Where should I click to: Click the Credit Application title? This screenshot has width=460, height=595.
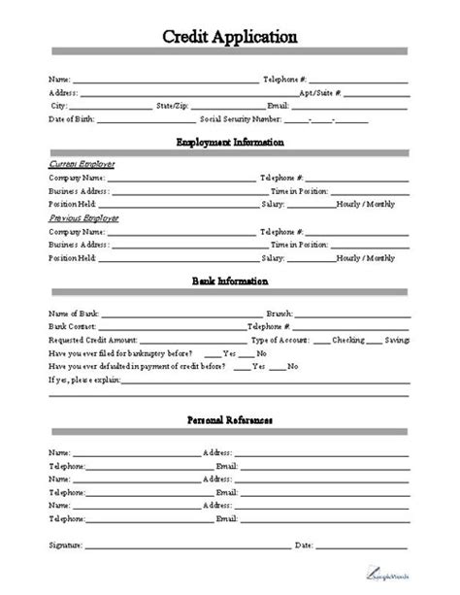[230, 37]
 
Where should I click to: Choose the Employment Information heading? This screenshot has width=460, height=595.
[230, 143]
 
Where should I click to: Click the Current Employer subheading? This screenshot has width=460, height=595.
[81, 164]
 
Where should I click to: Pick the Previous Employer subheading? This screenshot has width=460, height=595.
[82, 219]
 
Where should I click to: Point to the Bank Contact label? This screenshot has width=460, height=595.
[71, 327]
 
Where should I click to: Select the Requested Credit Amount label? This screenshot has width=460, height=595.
[93, 341]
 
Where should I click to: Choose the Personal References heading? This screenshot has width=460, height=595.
[230, 420]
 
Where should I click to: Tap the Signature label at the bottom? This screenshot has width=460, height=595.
[65, 545]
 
